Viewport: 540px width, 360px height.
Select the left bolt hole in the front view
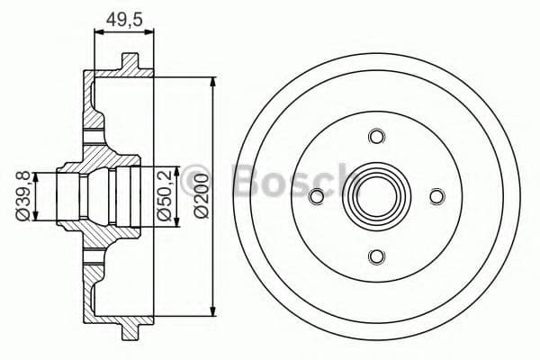coord(316,196)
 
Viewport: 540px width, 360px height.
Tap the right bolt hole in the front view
coord(436,196)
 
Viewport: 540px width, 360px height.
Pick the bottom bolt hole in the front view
coord(376,256)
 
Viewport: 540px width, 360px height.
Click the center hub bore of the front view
coord(376,196)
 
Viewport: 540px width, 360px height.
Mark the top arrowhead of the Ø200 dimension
coord(213,82)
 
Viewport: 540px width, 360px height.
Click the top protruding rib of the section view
coord(130,64)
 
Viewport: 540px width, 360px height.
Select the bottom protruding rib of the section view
coord(130,328)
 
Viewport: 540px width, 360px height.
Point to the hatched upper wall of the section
coord(93,103)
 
